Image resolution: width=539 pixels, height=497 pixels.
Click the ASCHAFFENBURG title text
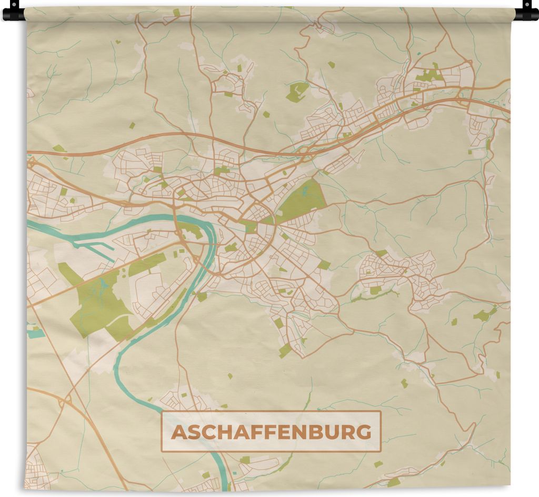click(271, 432)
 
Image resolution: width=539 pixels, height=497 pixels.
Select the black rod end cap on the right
click(527, 12)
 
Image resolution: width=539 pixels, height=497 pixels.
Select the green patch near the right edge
click(483, 315)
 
